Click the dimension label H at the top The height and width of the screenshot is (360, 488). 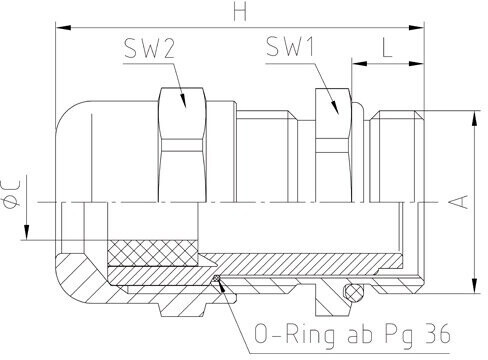pyautogui.click(x=240, y=11)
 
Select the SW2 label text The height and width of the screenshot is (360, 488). pyautogui.click(x=149, y=48)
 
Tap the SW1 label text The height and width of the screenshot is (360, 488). pyautogui.click(x=290, y=46)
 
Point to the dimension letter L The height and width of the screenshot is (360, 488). pyautogui.click(x=387, y=48)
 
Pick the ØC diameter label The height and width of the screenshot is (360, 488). pyautogui.click(x=11, y=197)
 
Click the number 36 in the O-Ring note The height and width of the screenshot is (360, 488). pyautogui.click(x=438, y=334)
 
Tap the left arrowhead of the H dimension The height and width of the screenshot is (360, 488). pyautogui.click(x=64, y=28)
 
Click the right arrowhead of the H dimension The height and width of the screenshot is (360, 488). pyautogui.click(x=416, y=28)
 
